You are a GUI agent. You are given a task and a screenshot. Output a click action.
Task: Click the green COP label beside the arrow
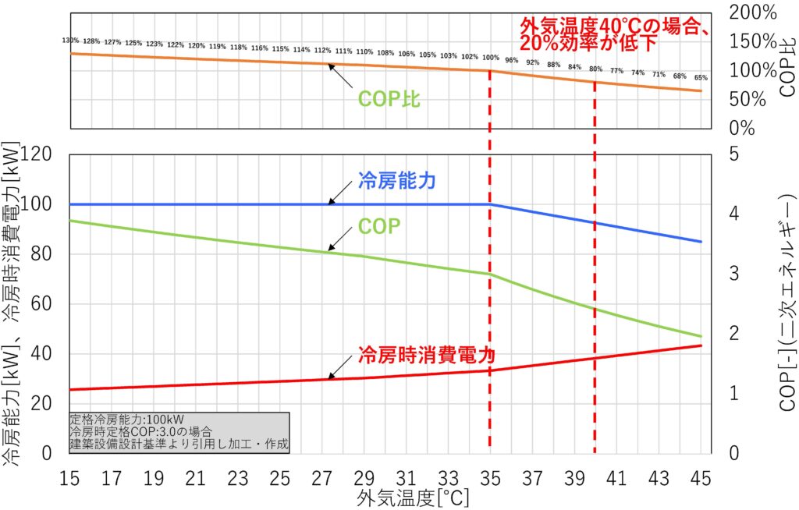click(378, 226)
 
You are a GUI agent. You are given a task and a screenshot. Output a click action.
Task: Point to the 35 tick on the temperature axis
click(490, 476)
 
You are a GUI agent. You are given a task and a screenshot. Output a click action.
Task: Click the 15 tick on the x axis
click(70, 476)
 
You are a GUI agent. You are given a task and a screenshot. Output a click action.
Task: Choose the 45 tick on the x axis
click(701, 476)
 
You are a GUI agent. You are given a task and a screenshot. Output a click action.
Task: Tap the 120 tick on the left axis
click(38, 154)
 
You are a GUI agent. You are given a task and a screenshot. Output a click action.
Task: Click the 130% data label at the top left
click(70, 41)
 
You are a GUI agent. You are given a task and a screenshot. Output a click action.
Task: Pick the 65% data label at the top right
click(701, 77)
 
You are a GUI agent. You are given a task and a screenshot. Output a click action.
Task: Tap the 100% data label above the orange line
click(490, 58)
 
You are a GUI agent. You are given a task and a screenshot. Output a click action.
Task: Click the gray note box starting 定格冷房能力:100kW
click(179, 433)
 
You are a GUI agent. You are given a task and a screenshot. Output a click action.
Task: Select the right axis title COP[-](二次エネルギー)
click(783, 304)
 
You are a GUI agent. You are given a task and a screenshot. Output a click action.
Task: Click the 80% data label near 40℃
click(595, 68)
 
